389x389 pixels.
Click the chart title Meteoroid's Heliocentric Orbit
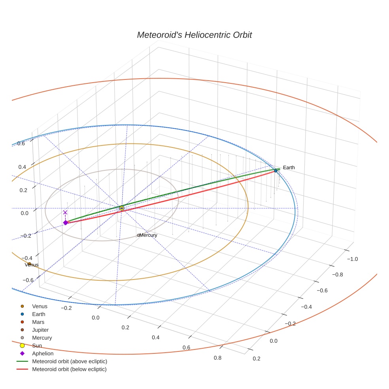194,35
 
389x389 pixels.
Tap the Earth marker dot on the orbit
276,170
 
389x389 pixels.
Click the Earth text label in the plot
289,168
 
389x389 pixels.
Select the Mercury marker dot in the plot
138,235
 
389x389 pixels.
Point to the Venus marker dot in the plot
29,264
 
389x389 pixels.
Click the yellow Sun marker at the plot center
122,208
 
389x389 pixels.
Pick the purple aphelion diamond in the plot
66,223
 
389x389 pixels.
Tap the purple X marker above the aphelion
65,212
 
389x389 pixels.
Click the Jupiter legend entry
40,330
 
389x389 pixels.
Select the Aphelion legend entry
43,353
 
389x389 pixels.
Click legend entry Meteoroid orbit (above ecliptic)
70,361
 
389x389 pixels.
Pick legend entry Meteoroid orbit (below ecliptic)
70,369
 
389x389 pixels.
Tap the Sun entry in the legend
37,346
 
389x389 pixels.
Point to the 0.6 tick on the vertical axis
21,144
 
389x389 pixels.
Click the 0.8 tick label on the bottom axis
217,358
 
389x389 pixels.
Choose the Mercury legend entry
42,338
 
